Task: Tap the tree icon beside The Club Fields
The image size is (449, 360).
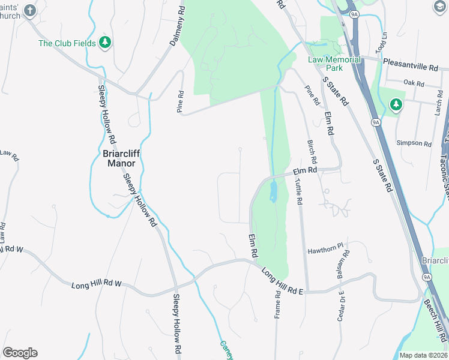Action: coord(106,43)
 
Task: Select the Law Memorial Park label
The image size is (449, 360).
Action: coord(334,64)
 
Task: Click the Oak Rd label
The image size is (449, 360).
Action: coord(414,82)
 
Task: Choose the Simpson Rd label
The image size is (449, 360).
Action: coord(414,143)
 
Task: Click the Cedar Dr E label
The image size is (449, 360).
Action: coord(341,305)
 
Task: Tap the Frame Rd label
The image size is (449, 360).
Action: coord(278,305)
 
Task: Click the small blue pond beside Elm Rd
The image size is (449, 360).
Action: coord(273,191)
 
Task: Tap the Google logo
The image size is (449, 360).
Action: coord(20,353)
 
